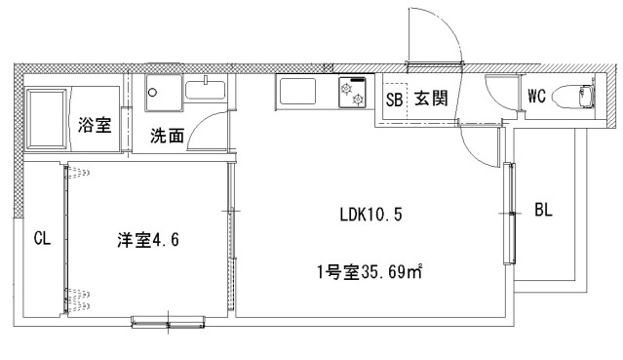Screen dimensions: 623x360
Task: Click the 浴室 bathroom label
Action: pos(95,125)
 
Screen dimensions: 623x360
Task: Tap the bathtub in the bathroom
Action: pos(47,119)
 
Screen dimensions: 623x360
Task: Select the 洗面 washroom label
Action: pos(167,136)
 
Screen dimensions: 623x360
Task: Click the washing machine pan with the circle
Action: pos(164,93)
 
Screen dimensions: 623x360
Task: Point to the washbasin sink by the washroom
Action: pos(206,90)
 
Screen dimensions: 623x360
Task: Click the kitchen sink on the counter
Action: pos(297,91)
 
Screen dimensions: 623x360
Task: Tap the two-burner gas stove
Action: pos(352,92)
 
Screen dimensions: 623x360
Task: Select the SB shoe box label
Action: pos(394,100)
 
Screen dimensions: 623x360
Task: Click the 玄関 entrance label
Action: pos(431,98)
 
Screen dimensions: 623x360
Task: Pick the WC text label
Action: pos(536,96)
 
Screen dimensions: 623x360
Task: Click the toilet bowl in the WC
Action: pos(574,96)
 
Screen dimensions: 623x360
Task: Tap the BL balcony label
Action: pos(543,210)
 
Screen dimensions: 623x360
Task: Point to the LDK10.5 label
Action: pos(370,215)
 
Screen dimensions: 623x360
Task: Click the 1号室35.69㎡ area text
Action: pos(370,272)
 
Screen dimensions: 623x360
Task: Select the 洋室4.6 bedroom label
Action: pos(148,240)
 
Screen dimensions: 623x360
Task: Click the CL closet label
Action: pos(42,239)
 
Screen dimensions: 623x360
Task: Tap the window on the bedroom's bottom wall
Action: pos(168,321)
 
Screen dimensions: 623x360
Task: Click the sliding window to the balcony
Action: pos(509,214)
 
